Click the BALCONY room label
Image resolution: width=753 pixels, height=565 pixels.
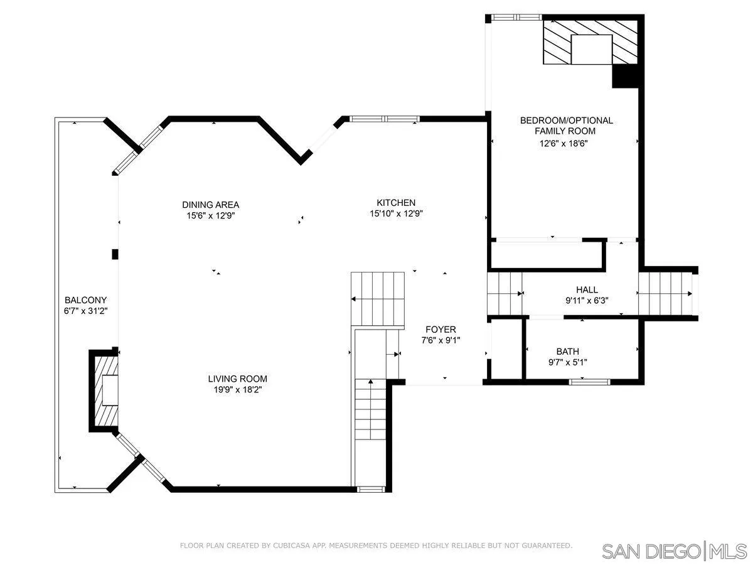click(85, 300)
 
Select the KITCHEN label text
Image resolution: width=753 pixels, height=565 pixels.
click(395, 203)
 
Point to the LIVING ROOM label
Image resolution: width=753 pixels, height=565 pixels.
click(237, 379)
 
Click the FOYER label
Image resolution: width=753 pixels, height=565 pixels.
click(441, 330)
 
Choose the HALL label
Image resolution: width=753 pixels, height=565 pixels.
click(587, 289)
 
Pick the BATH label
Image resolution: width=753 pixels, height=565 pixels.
click(567, 352)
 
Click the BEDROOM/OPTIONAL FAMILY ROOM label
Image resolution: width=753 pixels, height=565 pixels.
click(565, 126)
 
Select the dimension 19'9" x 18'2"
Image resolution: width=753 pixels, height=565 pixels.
click(237, 389)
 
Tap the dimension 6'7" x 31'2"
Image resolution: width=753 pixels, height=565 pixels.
click(85, 311)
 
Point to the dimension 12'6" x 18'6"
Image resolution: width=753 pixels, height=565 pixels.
click(565, 143)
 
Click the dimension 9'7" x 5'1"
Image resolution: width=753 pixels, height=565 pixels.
click(567, 362)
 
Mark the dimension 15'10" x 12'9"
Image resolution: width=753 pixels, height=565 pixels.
click(395, 213)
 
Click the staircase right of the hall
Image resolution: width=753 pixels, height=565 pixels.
click(665, 294)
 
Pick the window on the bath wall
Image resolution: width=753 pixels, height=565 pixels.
click(589, 381)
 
